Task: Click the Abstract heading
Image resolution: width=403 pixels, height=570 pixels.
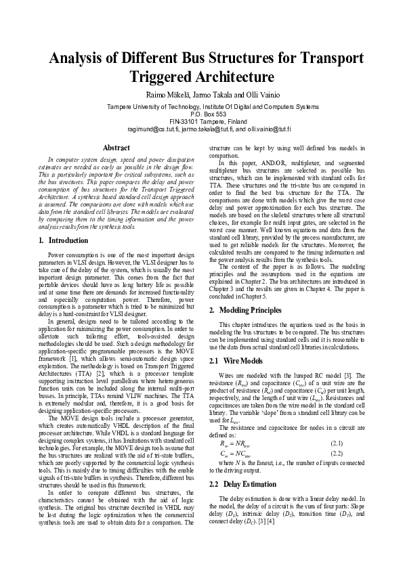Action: [x=116, y=147]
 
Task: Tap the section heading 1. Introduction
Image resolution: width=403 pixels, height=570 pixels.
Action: [x=64, y=240]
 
